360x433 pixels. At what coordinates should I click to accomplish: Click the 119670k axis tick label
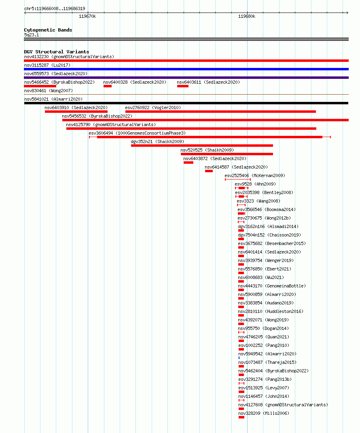[x=87, y=16]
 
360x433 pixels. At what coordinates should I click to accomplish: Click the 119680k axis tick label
[x=247, y=16]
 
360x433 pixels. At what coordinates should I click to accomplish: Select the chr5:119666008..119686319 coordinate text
[x=55, y=8]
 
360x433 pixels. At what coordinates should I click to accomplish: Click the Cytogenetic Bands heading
[x=48, y=30]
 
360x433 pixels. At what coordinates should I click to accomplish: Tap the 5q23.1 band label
[x=32, y=35]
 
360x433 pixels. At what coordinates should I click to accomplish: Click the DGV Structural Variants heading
[x=57, y=52]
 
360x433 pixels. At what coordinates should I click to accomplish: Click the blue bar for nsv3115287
[x=186, y=69]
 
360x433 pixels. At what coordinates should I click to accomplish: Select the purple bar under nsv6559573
[x=186, y=78]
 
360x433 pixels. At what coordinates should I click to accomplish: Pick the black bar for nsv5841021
[x=186, y=103]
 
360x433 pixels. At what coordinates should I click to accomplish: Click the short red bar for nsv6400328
[x=108, y=86]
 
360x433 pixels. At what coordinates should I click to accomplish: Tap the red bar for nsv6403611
[x=182, y=86]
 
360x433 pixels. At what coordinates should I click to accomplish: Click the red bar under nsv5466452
[x=40, y=86]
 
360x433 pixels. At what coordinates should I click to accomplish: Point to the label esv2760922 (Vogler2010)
[x=153, y=108]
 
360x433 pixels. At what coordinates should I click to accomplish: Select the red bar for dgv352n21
[x=202, y=146]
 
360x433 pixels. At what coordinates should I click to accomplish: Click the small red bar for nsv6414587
[x=209, y=171]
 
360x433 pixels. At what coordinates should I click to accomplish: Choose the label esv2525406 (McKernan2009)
[x=255, y=175]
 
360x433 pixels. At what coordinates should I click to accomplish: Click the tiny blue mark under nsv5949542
[x=239, y=358]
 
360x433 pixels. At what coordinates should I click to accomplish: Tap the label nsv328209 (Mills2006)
[x=264, y=413]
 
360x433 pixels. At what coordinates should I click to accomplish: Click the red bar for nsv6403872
[x=188, y=163]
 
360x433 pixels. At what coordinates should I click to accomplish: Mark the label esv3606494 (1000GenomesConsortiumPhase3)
[x=137, y=133]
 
